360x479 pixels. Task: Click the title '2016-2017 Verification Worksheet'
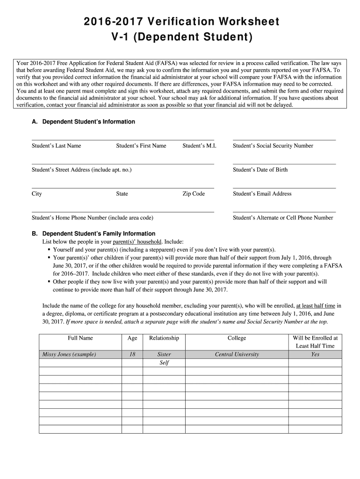point(180,22)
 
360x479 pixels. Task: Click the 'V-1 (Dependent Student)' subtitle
point(180,37)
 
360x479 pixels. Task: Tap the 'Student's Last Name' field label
point(56,146)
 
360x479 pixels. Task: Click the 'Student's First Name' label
point(141,146)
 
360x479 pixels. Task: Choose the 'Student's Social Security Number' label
point(273,146)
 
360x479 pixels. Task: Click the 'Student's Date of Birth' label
point(260,170)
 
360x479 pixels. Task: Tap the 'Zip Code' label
point(194,194)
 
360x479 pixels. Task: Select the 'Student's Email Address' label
point(262,194)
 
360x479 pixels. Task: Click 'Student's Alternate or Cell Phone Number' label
point(283,218)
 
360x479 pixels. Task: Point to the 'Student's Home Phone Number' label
point(92,218)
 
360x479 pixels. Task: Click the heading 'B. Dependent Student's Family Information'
point(99,233)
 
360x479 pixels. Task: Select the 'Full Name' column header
point(80,338)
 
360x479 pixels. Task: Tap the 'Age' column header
point(132,338)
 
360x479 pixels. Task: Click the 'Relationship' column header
point(164,338)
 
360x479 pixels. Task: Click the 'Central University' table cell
point(237,355)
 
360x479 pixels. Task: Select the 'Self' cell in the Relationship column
point(164,363)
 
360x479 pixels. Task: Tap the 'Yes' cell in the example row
point(315,355)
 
